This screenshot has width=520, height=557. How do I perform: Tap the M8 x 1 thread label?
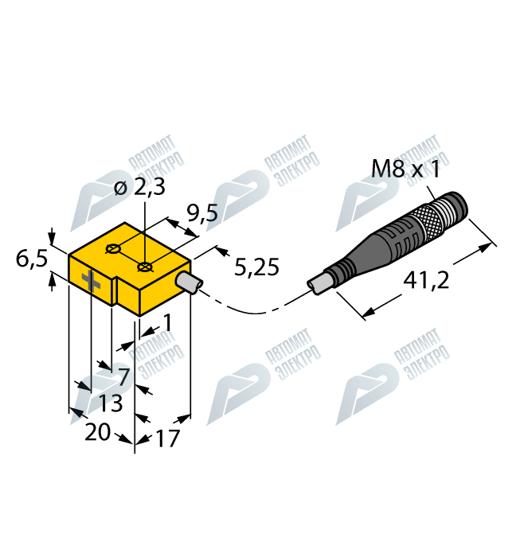(406, 169)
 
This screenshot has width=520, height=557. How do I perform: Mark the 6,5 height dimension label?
(31, 258)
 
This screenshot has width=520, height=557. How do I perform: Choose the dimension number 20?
(97, 432)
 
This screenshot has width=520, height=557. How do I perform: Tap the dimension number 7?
(123, 375)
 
